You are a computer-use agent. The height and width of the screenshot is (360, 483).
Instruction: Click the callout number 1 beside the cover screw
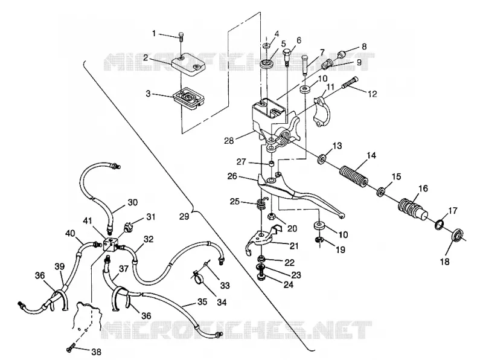(154, 33)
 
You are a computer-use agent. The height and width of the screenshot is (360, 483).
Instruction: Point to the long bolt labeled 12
(350, 83)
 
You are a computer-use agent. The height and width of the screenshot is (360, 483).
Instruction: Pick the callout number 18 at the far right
(445, 262)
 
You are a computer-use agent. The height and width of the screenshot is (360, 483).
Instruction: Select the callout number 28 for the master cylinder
(229, 141)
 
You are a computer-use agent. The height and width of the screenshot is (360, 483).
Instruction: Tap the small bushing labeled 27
(272, 163)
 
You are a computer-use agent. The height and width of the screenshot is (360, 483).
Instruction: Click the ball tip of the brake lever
(342, 216)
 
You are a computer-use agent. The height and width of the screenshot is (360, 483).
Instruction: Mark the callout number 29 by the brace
(184, 216)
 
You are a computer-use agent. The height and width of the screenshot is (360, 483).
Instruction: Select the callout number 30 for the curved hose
(132, 202)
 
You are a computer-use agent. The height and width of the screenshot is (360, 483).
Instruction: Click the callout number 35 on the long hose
(202, 302)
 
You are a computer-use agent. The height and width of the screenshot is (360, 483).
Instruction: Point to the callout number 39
(60, 266)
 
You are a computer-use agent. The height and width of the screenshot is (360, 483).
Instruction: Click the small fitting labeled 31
(127, 229)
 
